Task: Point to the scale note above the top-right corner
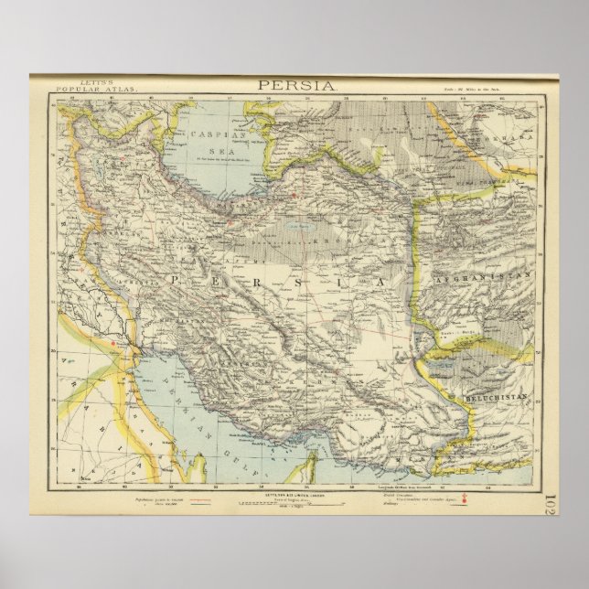(x=499, y=88)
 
